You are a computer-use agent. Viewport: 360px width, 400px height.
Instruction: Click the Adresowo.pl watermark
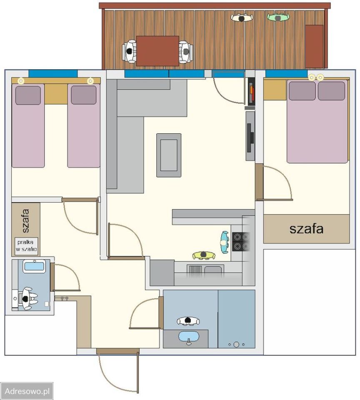pos(27,391)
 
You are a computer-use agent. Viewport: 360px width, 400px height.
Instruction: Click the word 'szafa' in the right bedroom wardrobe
pos(306,229)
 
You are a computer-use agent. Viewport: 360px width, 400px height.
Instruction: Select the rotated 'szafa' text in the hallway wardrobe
pos(26,221)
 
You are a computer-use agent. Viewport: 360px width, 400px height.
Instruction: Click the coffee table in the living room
pos(169,155)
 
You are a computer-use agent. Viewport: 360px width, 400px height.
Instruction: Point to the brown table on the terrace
pos(157,51)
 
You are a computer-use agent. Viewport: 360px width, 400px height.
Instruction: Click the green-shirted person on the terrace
pos(278,17)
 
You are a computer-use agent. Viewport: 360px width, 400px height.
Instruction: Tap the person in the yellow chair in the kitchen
pos(204,255)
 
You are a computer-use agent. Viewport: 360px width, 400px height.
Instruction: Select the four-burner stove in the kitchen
pos(241,242)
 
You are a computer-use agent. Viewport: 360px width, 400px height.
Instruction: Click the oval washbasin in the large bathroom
pos(189,337)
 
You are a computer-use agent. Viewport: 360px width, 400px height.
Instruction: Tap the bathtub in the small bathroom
pos(34,266)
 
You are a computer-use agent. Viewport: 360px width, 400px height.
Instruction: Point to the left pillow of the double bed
pos(302,91)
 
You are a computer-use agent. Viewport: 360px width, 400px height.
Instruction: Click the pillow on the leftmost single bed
pos(28,95)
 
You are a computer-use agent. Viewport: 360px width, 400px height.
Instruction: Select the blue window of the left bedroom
pos(53,73)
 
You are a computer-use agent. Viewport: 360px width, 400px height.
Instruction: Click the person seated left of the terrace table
pos(129,51)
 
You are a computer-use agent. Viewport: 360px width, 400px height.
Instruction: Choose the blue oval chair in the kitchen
pos(225,242)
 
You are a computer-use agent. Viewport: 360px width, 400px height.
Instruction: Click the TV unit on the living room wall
pos(250,136)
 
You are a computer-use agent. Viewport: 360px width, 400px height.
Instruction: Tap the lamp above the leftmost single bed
pos(21,81)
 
